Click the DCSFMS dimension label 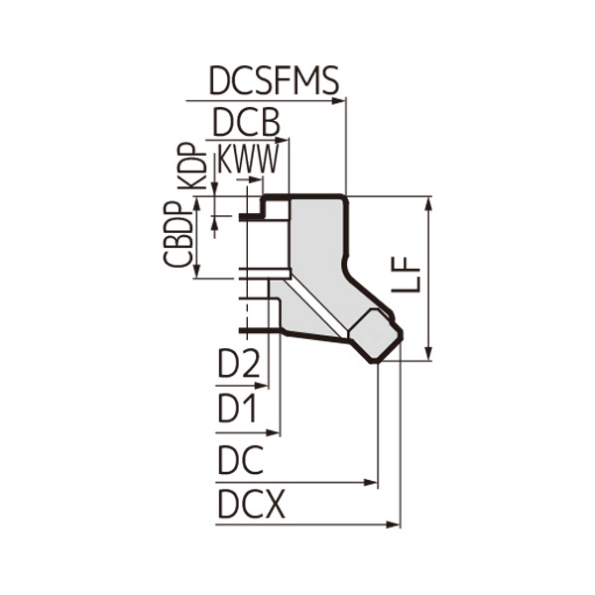click(x=274, y=80)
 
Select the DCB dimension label click(x=247, y=123)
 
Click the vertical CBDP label click(x=179, y=235)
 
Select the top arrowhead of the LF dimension click(x=428, y=202)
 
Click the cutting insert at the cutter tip click(x=377, y=336)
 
